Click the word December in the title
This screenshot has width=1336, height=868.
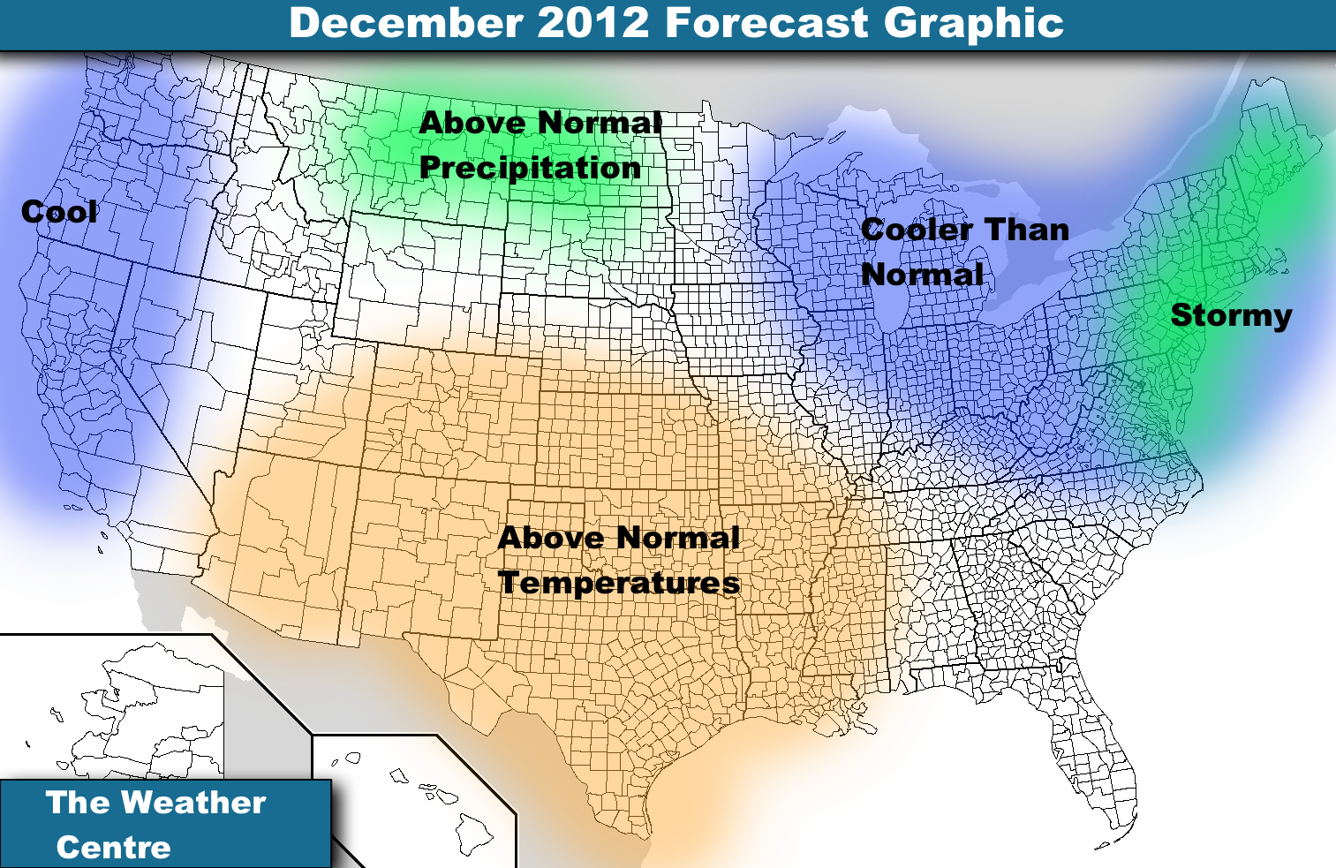[406, 23]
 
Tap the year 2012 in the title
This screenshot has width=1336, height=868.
[593, 23]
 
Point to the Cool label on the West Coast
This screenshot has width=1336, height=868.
[59, 212]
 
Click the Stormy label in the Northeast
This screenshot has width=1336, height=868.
[1231, 315]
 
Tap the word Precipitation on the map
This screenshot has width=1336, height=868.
[530, 168]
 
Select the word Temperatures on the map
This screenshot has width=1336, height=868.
[619, 583]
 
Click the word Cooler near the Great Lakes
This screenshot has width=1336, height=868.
[917, 230]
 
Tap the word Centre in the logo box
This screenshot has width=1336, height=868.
[114, 848]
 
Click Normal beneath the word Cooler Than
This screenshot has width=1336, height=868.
[922, 275]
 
